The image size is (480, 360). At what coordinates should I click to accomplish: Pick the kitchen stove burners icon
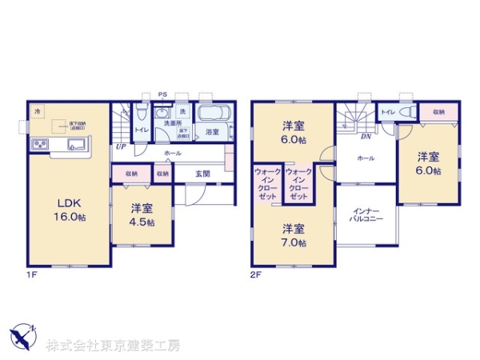tap(40, 145)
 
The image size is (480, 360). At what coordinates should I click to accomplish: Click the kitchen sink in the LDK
tap(78, 145)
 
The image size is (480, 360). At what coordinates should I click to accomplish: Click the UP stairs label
tap(121, 147)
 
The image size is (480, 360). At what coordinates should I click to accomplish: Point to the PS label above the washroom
tap(162, 94)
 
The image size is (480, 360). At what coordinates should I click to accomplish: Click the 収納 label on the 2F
tap(438, 113)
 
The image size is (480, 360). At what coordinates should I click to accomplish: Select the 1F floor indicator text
tap(30, 274)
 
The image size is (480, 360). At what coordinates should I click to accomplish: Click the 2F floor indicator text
tap(256, 274)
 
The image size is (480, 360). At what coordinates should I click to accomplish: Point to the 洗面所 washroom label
tap(172, 124)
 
